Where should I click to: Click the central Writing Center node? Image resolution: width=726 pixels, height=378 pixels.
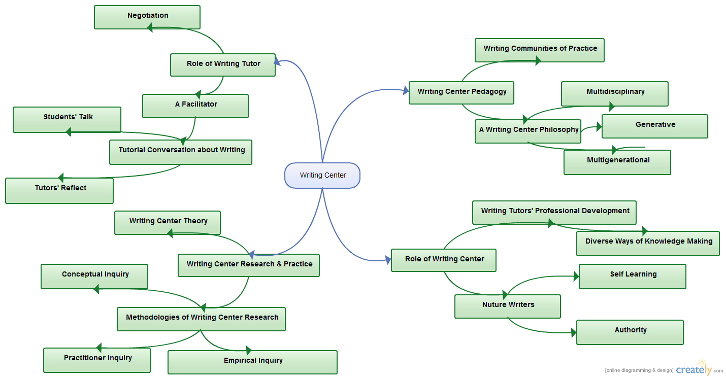pos(322,176)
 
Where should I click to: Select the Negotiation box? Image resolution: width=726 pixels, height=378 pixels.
pos(147,17)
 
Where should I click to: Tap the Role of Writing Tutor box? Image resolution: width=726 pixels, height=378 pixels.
pos(223,65)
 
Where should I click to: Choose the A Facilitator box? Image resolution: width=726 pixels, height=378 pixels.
pos(195,106)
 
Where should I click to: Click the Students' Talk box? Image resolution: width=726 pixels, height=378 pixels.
pos(67,119)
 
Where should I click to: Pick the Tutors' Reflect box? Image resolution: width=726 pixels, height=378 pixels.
pos(59,190)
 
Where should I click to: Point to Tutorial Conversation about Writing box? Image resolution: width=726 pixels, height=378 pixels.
pos(181,152)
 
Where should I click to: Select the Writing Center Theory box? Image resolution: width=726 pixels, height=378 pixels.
pos(168,223)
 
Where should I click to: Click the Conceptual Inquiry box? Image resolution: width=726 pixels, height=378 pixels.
pos(94,276)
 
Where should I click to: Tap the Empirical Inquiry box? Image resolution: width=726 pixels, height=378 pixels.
pos(252,362)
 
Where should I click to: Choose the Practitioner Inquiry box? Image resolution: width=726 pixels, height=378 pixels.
pos(97,360)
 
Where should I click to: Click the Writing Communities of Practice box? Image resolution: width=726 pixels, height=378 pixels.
pos(539,50)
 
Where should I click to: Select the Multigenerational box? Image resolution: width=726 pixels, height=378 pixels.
pos(617,162)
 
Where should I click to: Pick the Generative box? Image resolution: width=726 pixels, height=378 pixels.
pos(655,126)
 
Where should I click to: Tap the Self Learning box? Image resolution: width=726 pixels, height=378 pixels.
pos(633,276)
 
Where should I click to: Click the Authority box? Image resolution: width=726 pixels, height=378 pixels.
pos(630,332)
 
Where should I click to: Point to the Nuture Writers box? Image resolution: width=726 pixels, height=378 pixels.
pos(508,306)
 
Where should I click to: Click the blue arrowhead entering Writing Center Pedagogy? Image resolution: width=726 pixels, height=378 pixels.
pos(406,91)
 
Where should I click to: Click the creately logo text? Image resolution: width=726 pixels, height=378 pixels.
pos(694,370)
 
